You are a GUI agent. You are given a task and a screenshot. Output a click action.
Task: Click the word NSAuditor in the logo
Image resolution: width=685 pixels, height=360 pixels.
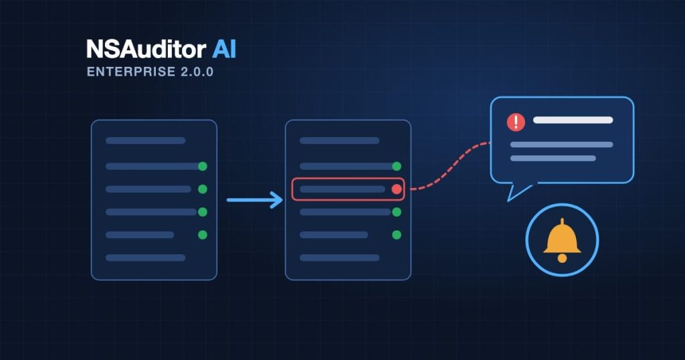146,49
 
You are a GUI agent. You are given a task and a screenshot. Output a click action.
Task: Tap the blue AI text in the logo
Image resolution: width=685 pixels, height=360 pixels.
224,49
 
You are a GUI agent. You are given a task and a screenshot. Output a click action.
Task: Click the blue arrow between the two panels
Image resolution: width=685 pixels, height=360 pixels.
255,200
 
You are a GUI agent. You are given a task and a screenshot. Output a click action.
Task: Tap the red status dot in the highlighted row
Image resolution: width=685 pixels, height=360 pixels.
397,189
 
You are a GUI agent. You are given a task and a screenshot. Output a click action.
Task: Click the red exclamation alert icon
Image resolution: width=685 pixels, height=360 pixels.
516,122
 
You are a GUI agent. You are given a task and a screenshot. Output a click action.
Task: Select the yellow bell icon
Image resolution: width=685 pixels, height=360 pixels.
562,240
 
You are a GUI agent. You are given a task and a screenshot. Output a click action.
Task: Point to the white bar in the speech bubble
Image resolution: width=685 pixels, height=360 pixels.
573,120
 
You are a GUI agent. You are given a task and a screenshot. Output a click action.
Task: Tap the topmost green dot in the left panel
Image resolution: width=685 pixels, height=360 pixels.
202,166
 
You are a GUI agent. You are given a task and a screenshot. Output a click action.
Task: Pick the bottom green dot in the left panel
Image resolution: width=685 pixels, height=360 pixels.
202,235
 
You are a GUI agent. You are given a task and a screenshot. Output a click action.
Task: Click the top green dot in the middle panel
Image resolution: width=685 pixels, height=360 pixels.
397,166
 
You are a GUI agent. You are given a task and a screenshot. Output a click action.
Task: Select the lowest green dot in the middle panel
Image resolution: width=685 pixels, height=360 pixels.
397,235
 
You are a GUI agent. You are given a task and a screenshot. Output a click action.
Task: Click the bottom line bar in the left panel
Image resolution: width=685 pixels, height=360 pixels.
145,258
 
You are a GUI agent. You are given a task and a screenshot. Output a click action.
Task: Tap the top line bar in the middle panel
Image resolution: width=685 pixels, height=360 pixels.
339,141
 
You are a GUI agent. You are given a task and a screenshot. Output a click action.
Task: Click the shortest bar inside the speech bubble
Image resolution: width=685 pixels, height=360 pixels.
553,158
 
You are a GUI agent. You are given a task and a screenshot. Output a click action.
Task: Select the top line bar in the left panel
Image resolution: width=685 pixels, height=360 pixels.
145,141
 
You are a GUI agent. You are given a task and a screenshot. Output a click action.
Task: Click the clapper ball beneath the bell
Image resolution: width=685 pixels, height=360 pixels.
562,258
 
